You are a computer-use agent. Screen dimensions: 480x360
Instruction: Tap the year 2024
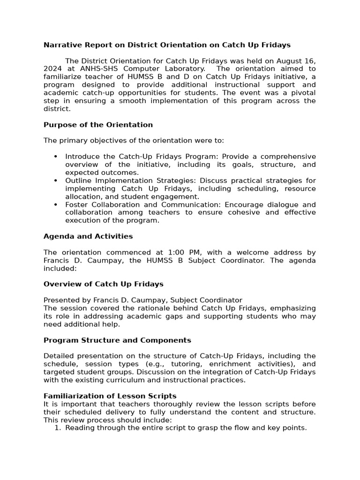52,69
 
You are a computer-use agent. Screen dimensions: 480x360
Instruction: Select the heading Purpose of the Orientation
98,125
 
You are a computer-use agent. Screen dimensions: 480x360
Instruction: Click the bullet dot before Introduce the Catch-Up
56,157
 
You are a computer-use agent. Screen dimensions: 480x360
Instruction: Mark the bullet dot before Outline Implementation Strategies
56,180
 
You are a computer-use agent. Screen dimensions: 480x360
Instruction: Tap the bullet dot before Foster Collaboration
56,204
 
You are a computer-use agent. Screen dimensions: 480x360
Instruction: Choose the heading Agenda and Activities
88,236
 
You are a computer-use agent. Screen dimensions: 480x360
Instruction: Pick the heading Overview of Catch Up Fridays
103,284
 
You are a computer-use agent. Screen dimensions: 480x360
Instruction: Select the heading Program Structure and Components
117,340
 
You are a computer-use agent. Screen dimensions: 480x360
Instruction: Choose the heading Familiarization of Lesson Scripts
110,396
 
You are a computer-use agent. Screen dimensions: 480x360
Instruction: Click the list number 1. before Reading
58,427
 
